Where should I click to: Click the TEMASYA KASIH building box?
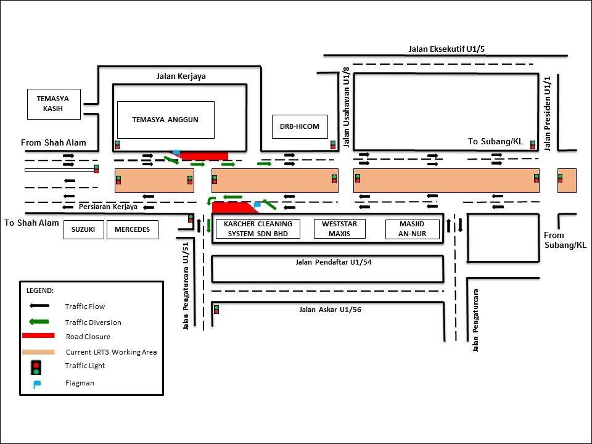click(54, 104)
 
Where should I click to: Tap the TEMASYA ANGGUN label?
click(165, 120)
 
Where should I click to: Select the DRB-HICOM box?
click(300, 126)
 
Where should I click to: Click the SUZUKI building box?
click(83, 229)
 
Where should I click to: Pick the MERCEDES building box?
click(132, 229)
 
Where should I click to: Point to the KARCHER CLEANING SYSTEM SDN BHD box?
click(258, 229)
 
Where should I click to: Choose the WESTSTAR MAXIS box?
click(339, 229)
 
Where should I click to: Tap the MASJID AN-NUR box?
click(413, 229)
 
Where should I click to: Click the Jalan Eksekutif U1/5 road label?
click(446, 49)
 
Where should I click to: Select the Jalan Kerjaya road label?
click(181, 76)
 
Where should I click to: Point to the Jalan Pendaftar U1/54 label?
click(334, 261)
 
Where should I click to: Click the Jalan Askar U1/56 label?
click(330, 310)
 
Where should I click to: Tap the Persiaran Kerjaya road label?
click(108, 207)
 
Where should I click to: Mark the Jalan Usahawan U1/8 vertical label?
click(346, 107)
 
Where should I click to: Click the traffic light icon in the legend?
click(36, 368)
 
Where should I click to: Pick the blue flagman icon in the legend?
click(37, 385)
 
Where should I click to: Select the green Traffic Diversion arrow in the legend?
click(39, 322)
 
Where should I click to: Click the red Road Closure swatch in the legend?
click(38, 335)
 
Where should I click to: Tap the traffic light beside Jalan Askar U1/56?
click(216, 310)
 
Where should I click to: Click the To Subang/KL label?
click(495, 142)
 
